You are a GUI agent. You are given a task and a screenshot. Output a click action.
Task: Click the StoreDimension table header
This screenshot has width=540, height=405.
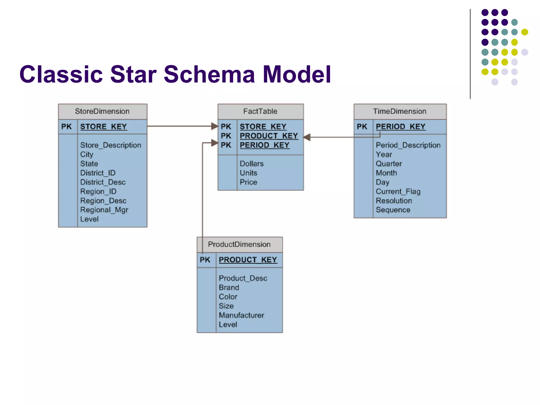(102, 111)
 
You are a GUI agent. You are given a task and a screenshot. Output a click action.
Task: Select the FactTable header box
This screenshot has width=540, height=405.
(260, 111)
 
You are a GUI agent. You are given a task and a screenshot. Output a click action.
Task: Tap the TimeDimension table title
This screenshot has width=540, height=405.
(400, 111)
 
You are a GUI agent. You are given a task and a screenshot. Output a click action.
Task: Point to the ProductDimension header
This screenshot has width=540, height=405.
(239, 244)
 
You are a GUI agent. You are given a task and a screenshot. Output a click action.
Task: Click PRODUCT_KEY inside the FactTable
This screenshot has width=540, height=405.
(269, 136)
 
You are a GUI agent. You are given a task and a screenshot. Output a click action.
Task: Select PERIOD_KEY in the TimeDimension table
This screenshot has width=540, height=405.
(401, 127)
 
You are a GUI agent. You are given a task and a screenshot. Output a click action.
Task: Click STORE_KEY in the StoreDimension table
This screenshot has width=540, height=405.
(103, 127)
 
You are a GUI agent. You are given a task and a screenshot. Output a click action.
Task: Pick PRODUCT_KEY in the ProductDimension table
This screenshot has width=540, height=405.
(248, 260)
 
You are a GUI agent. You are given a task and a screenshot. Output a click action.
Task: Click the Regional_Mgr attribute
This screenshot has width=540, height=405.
(104, 210)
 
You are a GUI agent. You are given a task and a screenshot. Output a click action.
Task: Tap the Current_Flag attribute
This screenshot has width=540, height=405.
(398, 191)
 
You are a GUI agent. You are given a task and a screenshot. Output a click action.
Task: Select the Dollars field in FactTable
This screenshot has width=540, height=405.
(252, 164)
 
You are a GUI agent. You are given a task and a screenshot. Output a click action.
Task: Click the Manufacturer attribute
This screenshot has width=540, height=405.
(241, 315)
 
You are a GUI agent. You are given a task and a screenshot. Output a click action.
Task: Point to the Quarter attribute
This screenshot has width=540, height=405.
(389, 164)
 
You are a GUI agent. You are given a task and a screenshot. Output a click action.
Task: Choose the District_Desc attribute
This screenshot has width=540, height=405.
(103, 182)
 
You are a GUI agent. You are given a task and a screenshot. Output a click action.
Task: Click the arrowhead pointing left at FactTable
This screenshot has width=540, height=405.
(307, 137)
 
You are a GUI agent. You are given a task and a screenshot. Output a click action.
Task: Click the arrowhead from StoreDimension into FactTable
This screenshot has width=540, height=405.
(215, 126)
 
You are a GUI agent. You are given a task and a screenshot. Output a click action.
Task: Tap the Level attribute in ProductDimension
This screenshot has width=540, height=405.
(228, 325)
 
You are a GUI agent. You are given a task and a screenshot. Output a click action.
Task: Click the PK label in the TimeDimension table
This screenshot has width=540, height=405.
(362, 127)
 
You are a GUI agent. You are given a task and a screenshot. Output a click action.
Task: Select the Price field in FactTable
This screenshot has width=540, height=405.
(248, 182)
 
